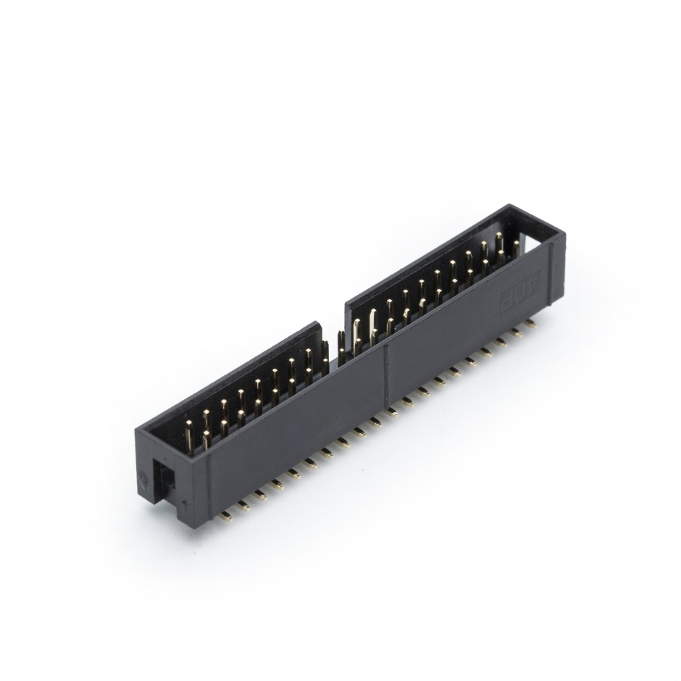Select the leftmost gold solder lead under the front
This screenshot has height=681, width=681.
227,517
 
